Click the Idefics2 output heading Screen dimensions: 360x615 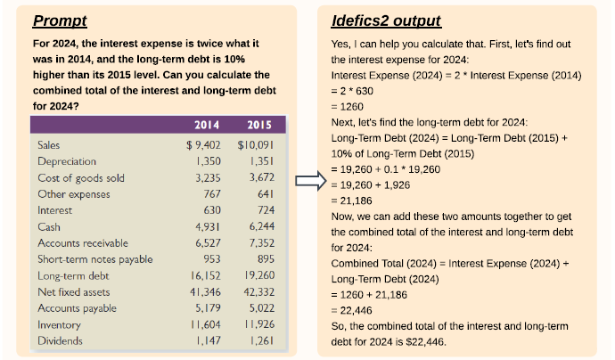385,20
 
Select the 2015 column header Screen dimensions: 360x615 258,125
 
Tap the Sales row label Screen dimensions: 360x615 51,144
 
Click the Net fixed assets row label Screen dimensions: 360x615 73,291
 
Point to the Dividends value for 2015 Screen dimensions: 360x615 259,340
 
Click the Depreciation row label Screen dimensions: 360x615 67,161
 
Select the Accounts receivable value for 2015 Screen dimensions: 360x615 258,242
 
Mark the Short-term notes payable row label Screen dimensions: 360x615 95,259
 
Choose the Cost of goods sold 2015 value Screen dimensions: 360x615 258,177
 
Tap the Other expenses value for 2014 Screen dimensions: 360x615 212,193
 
